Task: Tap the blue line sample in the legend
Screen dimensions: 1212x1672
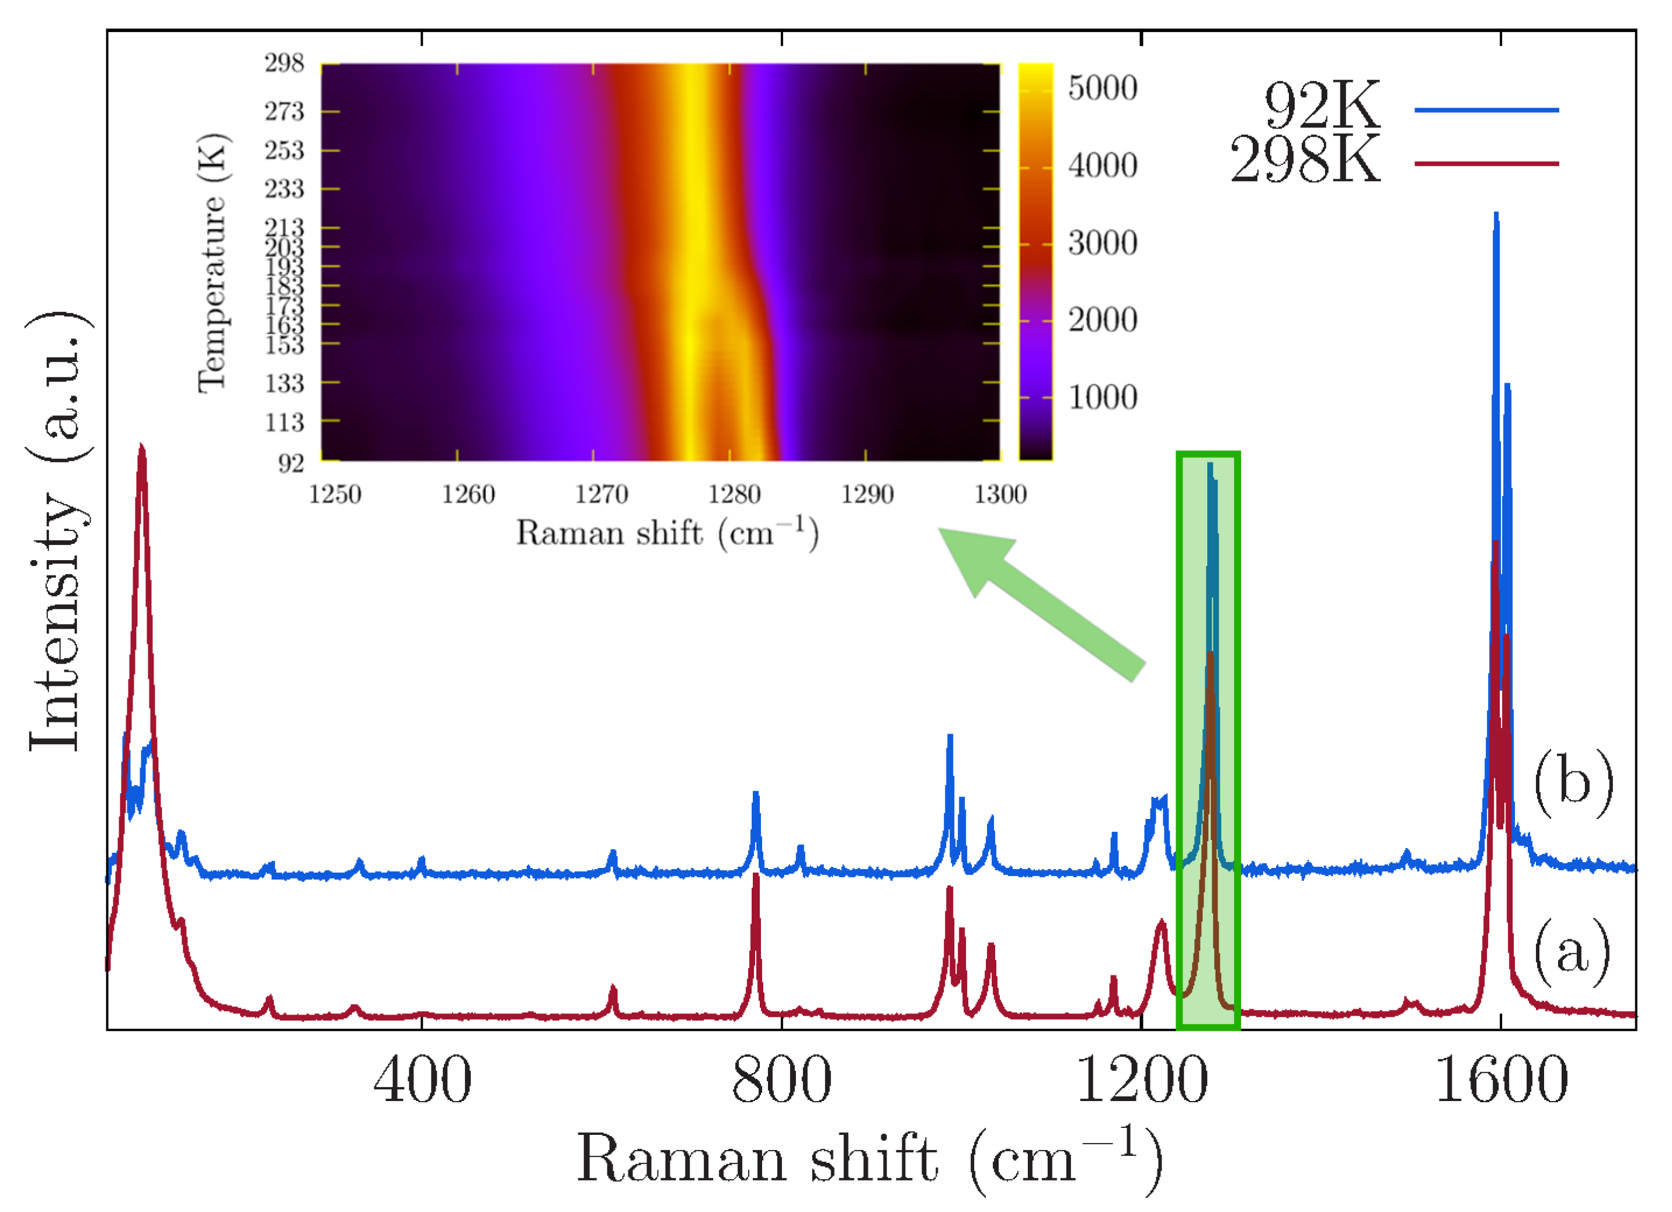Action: point(1486,110)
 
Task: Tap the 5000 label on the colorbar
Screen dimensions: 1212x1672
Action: point(1102,88)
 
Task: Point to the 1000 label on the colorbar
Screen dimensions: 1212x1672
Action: point(1102,397)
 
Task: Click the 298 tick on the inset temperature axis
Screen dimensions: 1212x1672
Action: point(284,64)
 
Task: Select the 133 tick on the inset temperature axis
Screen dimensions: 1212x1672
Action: point(284,383)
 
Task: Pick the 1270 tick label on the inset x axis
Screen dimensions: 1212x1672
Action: point(601,494)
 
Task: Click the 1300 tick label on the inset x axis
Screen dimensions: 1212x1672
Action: point(1000,494)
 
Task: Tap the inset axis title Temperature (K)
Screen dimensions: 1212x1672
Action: point(213,263)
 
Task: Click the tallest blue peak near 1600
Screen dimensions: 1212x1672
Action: point(1496,216)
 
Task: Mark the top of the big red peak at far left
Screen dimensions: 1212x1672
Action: point(141,447)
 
